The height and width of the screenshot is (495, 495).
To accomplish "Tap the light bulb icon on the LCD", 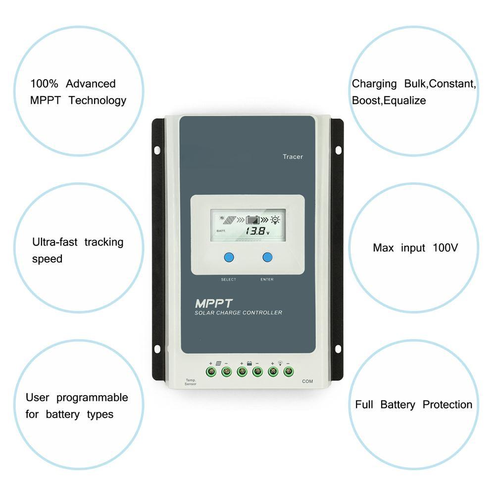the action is pos(275,218).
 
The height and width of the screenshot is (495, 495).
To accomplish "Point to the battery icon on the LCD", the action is pos(253,219).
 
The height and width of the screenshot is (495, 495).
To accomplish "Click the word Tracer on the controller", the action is pos(293,157).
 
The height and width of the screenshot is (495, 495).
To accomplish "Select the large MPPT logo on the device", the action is pos(214,302).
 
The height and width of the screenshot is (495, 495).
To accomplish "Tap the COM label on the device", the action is pos(307,381).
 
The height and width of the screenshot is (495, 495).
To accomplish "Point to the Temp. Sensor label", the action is pos(191,382).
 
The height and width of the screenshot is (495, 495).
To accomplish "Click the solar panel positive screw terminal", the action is pos(211,371).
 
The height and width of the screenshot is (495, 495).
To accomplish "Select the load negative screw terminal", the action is pos(289,371).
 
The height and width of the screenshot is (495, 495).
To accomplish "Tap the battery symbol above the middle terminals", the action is pos(249,363).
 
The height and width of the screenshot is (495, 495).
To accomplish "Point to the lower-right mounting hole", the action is pos(339,348).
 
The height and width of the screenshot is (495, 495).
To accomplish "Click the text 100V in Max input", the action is pos(445,247).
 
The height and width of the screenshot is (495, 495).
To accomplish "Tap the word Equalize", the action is pos(405,100).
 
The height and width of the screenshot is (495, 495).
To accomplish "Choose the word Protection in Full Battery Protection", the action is pos(447,404).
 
